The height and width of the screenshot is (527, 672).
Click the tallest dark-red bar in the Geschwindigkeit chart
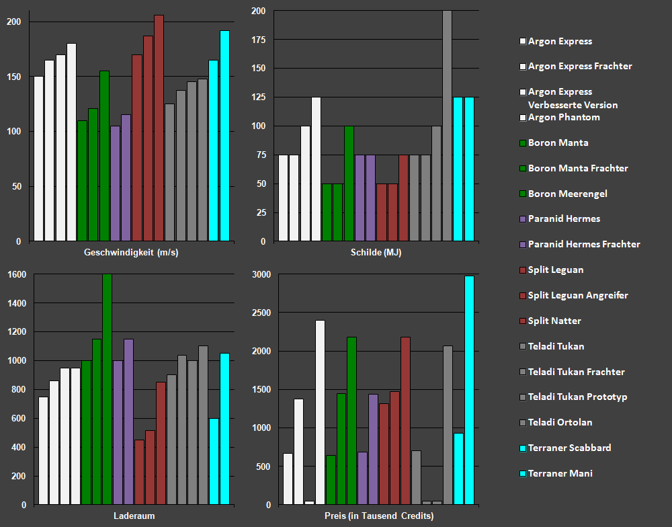[159, 128]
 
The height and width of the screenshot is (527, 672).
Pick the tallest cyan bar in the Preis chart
[469, 390]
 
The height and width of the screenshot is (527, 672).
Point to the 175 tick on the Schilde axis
[258, 40]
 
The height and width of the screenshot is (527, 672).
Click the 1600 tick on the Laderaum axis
[16, 274]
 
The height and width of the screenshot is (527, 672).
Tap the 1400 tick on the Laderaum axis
[16, 303]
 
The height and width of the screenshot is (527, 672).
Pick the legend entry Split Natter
[554, 321]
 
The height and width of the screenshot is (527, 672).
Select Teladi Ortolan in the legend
[560, 422]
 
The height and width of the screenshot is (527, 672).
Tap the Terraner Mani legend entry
[560, 473]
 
